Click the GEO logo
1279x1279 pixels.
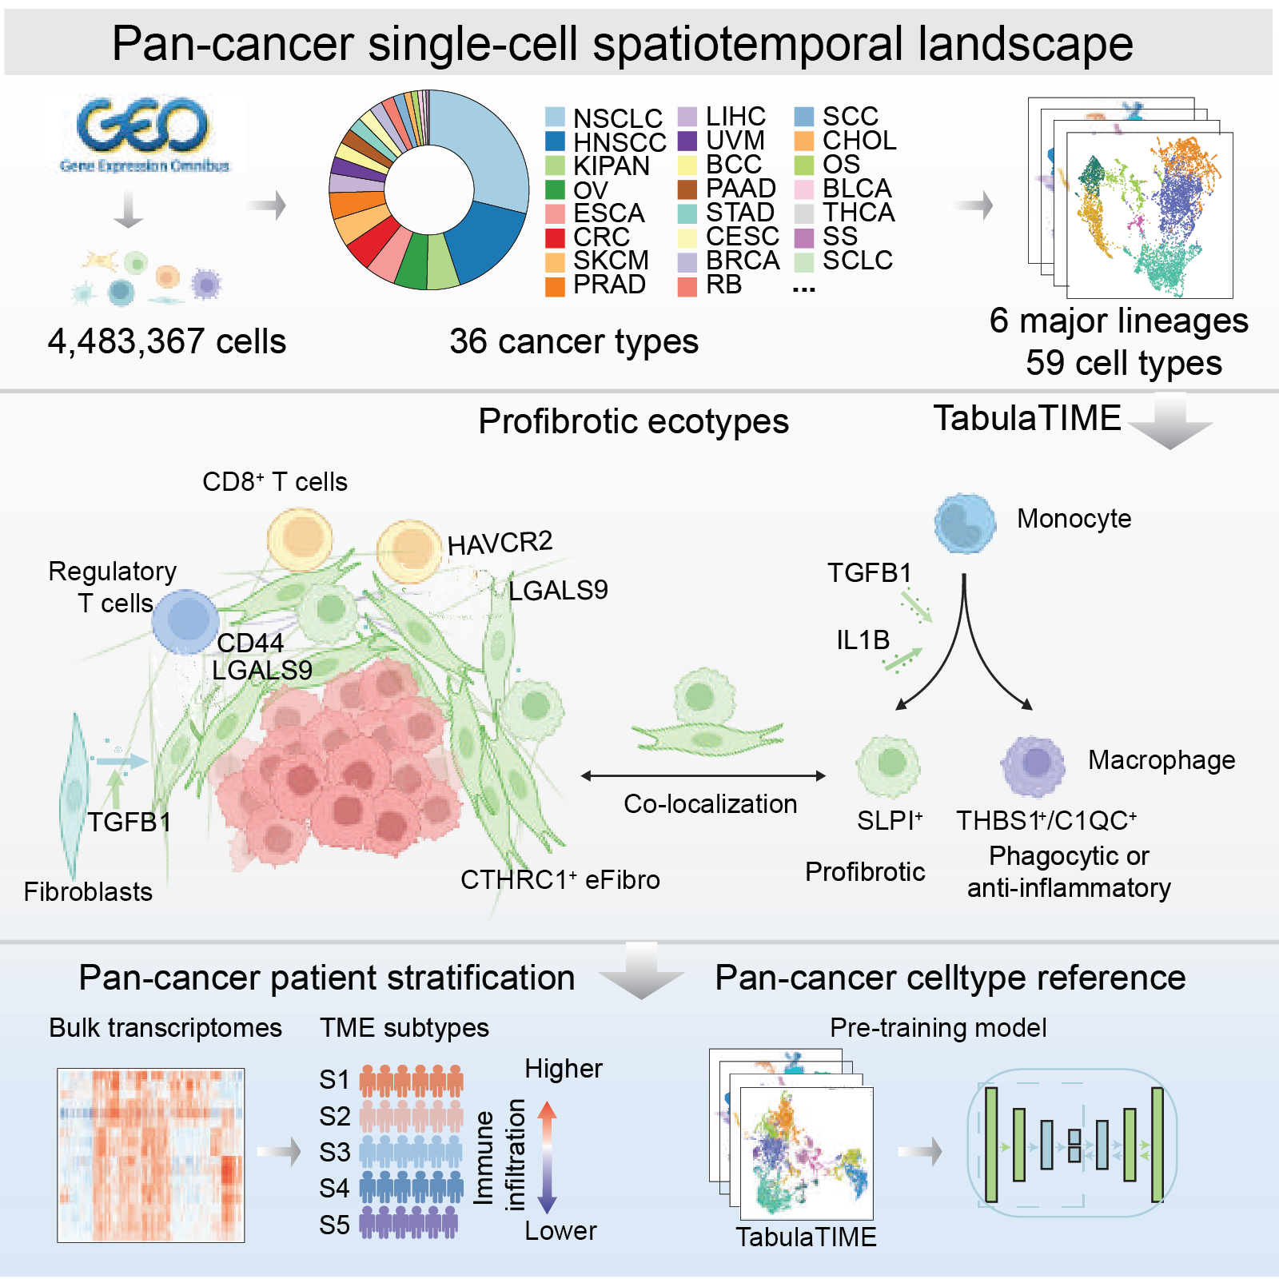point(144,132)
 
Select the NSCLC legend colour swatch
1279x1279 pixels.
point(555,118)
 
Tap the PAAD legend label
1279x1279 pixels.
point(740,189)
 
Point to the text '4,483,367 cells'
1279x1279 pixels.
point(166,341)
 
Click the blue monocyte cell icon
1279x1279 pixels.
point(965,524)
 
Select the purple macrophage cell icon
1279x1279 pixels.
point(1033,765)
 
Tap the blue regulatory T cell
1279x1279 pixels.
point(185,621)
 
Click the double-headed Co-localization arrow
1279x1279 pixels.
point(703,775)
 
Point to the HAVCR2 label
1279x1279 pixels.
point(500,544)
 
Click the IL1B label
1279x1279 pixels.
point(863,639)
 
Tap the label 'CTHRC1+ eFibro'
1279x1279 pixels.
point(560,879)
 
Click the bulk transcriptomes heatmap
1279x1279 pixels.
point(151,1155)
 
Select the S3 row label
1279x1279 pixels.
point(334,1153)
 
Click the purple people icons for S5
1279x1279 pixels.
point(409,1223)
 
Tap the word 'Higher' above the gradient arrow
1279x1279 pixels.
point(563,1069)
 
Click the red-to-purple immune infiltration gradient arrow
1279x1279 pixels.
point(547,1157)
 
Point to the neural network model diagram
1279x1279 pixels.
point(1072,1143)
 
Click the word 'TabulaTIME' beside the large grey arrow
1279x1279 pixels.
point(1027,418)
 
